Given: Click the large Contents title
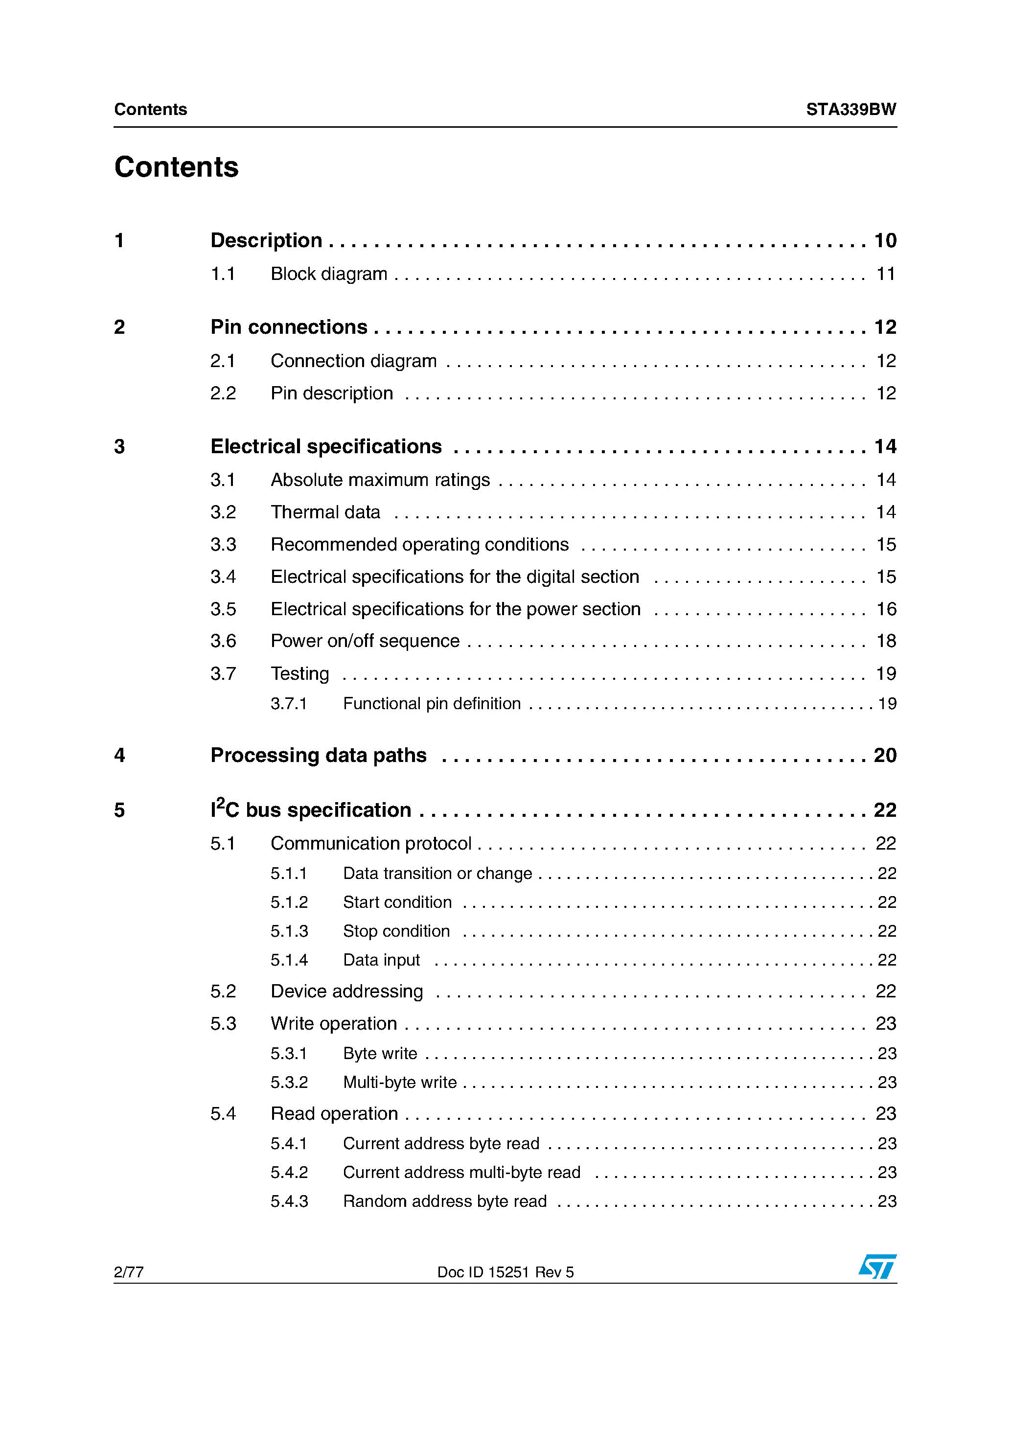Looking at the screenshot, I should pos(176,167).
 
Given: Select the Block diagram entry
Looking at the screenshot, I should pos(328,274).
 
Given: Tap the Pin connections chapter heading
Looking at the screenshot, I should pos(289,327).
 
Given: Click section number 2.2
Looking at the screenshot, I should pos(223,394).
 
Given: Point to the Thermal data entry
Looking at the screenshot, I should pos(325,512).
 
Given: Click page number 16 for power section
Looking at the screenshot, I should pos(886,609).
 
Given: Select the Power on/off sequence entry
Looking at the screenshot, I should pos(365,641).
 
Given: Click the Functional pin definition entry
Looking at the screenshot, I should pos(431,704).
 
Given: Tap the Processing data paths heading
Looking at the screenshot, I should pos(318,756).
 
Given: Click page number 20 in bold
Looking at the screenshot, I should pos(884,756).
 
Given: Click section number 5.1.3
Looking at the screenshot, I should pos(289,931).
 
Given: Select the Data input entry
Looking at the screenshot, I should pos(381,960).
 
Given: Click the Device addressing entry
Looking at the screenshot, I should pos(346,992).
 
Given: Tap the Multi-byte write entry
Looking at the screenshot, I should pos(399,1083).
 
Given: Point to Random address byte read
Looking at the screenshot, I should pos(444,1201).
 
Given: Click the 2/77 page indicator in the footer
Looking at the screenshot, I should pos(128,1272).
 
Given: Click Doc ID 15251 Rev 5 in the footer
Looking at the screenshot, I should pos(505,1272).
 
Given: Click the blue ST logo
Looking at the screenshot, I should pos(877,1267).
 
